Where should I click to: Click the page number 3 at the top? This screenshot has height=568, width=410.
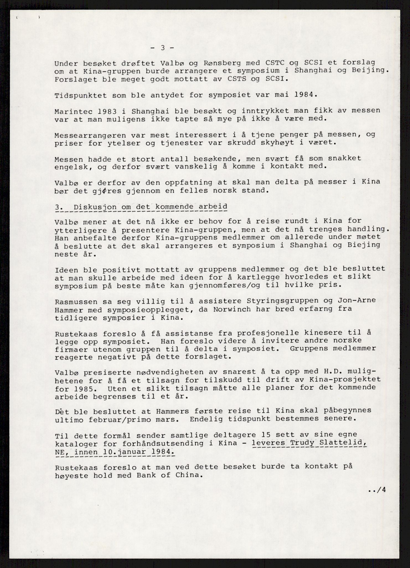coord(163,48)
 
